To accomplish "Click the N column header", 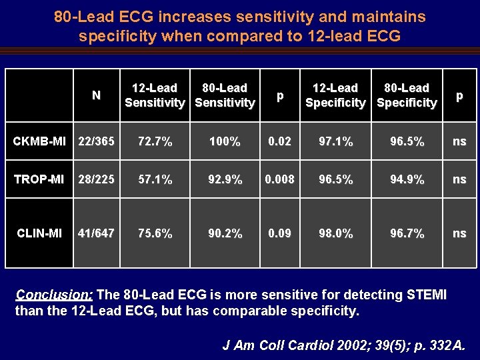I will click(x=96, y=95).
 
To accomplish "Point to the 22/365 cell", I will click(x=96, y=141).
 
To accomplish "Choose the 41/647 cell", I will click(x=96, y=233).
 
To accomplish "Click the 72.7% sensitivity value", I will click(x=155, y=141).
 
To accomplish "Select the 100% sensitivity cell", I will click(x=224, y=141).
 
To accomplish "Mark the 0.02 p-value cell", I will click(x=280, y=141).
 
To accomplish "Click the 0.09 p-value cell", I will click(x=280, y=233).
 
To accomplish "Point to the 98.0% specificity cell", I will click(x=335, y=233).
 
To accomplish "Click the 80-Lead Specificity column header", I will click(x=407, y=95).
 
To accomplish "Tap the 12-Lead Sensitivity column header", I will click(x=155, y=95).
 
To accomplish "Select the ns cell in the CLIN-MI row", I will click(x=459, y=233).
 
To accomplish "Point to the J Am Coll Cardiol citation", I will click(x=344, y=345).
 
